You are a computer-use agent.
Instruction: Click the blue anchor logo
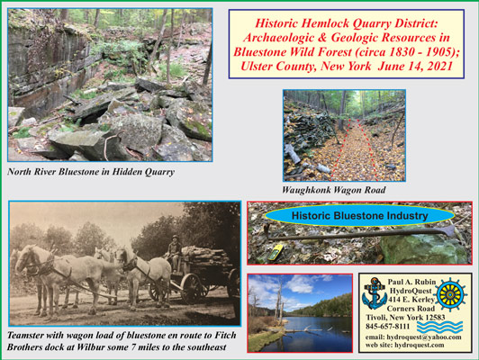tap(375, 293)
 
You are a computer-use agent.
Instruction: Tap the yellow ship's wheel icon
tap(450, 294)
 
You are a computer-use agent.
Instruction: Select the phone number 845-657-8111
tap(388, 326)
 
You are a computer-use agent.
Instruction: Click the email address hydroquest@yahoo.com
tap(424, 337)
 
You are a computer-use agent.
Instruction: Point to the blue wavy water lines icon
tap(440, 327)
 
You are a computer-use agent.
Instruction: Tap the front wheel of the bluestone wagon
tap(192, 288)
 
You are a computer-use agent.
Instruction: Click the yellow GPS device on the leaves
tap(275, 252)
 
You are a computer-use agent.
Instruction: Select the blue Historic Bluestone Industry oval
tap(359, 216)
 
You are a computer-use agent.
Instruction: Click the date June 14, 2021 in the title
tap(415, 67)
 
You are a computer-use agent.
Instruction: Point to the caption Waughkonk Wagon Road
tap(333, 190)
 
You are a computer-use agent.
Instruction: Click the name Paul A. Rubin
tap(411, 282)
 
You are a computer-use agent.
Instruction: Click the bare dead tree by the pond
tap(278, 302)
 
